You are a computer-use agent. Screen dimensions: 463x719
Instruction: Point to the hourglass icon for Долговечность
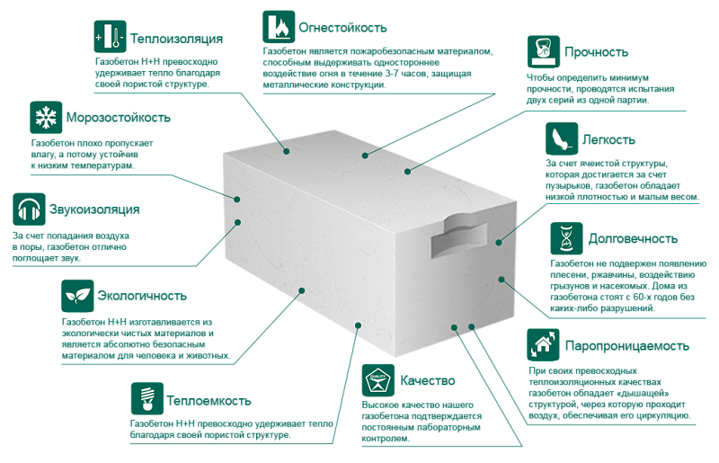point(565,239)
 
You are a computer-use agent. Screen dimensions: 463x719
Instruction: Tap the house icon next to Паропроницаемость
point(542,344)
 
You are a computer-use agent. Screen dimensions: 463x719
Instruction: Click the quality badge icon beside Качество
point(377,381)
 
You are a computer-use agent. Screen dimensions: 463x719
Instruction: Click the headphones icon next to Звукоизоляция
point(29,209)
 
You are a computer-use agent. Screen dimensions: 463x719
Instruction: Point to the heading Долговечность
point(632,240)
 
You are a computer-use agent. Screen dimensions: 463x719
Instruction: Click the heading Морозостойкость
point(117,118)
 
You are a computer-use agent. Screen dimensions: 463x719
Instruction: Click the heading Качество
point(428,381)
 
